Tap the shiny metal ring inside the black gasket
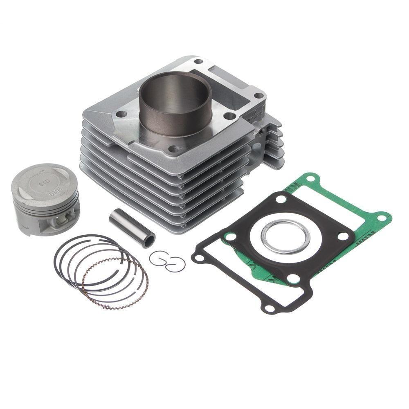tap(285, 237)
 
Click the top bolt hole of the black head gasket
tap(281, 199)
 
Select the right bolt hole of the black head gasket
tap(343, 236)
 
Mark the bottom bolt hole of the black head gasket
tap(293, 279)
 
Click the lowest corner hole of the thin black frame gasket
tap(270, 308)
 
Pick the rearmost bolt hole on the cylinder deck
tap(198, 62)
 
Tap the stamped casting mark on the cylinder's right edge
tap(255, 115)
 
